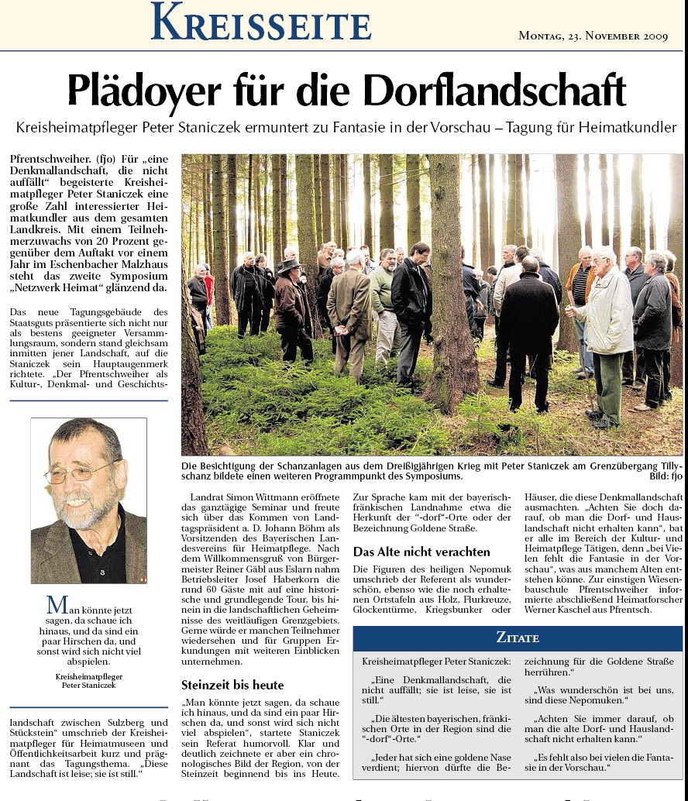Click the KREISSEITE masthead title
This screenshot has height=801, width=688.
point(261,22)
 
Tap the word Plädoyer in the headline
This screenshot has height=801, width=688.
point(140,91)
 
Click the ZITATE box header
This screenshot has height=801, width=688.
point(518,638)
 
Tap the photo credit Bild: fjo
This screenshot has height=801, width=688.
point(663,476)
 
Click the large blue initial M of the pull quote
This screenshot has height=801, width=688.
point(53,605)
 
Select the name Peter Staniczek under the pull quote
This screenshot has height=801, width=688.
point(88,686)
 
